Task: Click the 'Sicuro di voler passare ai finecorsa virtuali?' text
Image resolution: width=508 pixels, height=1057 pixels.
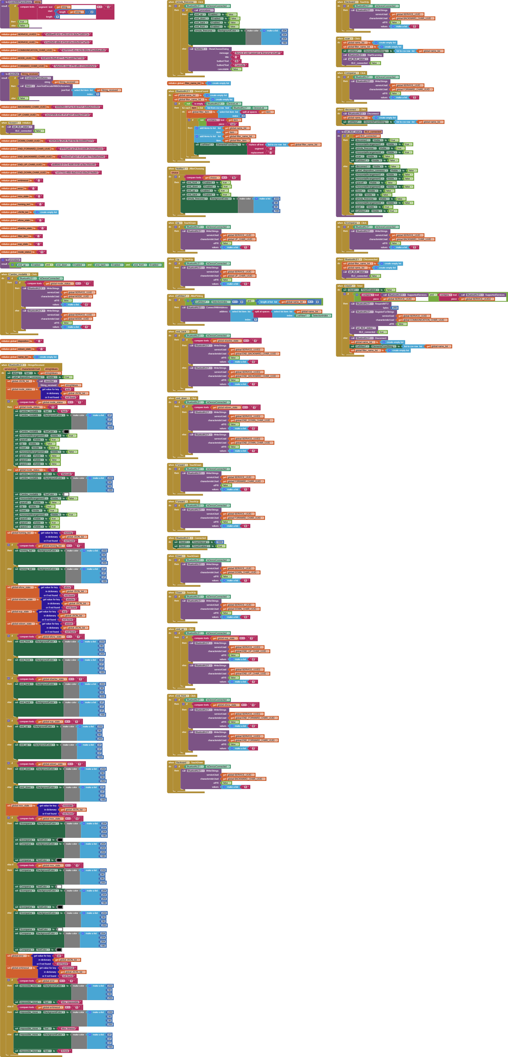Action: [x=258, y=53]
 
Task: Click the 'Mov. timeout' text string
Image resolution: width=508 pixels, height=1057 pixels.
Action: [x=69, y=1028]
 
